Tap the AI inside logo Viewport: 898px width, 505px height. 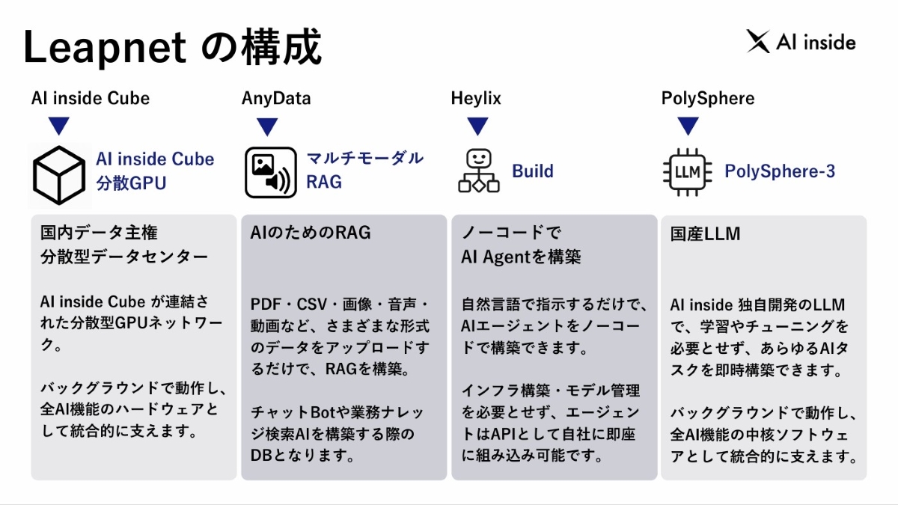coord(801,42)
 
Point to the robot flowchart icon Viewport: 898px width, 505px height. coord(477,171)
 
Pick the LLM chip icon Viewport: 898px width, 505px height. coord(687,172)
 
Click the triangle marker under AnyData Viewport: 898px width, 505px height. coord(267,127)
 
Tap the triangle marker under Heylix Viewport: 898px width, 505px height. coord(477,127)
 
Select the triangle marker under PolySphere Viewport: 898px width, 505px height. coord(687,127)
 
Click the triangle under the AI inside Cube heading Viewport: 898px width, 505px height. coord(58,127)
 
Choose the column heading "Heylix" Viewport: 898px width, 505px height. coord(476,99)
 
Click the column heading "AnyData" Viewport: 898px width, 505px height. coord(276,99)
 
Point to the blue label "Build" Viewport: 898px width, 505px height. coord(533,171)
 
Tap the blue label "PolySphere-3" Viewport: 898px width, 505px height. coord(780,171)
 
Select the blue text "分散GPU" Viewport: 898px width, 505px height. coord(131,183)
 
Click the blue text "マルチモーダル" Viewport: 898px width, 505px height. coord(365,159)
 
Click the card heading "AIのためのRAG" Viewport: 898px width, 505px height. coord(311,233)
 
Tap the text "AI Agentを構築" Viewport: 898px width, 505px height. coord(522,257)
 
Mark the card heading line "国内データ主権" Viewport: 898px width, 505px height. coord(99,233)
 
